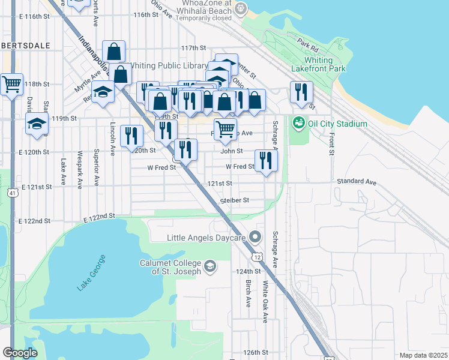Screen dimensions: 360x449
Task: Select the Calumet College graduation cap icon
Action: pos(210,265)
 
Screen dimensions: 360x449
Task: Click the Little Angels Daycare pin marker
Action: pos(255,238)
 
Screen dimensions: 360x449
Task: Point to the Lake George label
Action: pos(91,273)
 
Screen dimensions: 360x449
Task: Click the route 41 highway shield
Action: pos(12,193)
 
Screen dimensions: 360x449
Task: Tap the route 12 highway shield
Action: pos(257,257)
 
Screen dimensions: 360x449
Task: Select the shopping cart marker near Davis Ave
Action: pos(11,85)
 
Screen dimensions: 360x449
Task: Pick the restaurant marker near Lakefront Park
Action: pos(301,92)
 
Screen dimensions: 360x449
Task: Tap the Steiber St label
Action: pos(234,200)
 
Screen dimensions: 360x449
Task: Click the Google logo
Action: pos(20,353)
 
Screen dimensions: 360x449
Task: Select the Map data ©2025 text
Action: pos(424,355)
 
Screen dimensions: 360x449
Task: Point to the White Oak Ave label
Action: pos(264,303)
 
